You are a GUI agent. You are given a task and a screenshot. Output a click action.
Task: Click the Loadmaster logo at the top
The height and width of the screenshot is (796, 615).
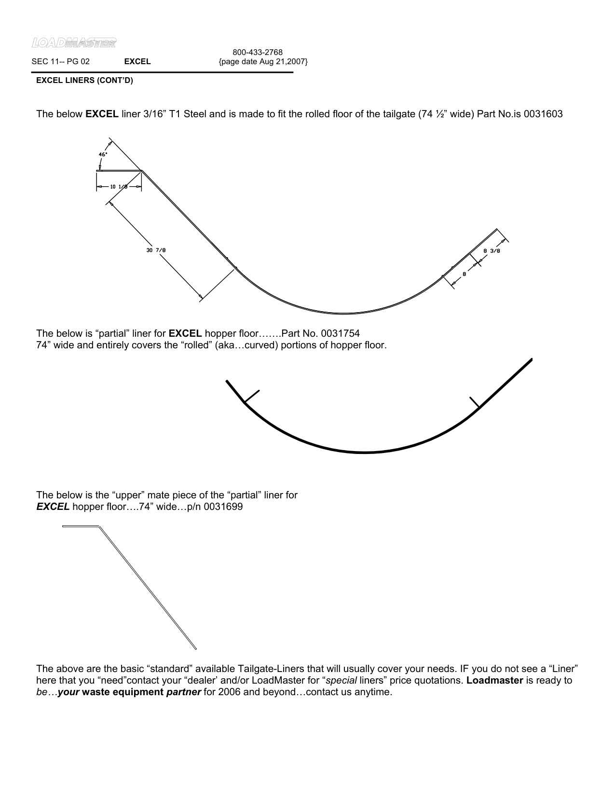(74, 43)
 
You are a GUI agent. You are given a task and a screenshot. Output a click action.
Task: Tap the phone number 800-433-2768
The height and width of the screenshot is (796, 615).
(258, 52)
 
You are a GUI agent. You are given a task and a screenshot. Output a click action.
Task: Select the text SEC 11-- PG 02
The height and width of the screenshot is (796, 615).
(60, 62)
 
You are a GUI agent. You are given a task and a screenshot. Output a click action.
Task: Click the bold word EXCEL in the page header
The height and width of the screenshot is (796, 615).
(137, 62)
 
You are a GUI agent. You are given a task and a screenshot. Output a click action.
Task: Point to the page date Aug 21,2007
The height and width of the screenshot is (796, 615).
(263, 62)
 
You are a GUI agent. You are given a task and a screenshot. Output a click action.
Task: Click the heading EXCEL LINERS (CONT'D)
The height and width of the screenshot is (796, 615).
(84, 81)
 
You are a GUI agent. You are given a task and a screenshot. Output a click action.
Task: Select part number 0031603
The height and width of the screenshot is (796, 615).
(543, 114)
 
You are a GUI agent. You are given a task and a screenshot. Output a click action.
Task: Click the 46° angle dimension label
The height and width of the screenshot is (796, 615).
(103, 154)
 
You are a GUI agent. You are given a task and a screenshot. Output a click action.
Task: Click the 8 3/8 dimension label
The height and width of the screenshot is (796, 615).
(492, 251)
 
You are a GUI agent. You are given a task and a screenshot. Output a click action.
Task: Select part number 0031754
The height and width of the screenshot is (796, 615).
(340, 334)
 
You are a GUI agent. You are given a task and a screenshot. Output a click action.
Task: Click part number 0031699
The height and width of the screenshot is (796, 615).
(223, 507)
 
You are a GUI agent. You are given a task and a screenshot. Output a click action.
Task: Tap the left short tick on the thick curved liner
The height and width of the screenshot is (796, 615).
(252, 396)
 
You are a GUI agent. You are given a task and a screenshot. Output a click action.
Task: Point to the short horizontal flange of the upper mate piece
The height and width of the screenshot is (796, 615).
(81, 526)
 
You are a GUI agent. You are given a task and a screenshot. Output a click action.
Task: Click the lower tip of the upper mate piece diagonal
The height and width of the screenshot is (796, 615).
(195, 648)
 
